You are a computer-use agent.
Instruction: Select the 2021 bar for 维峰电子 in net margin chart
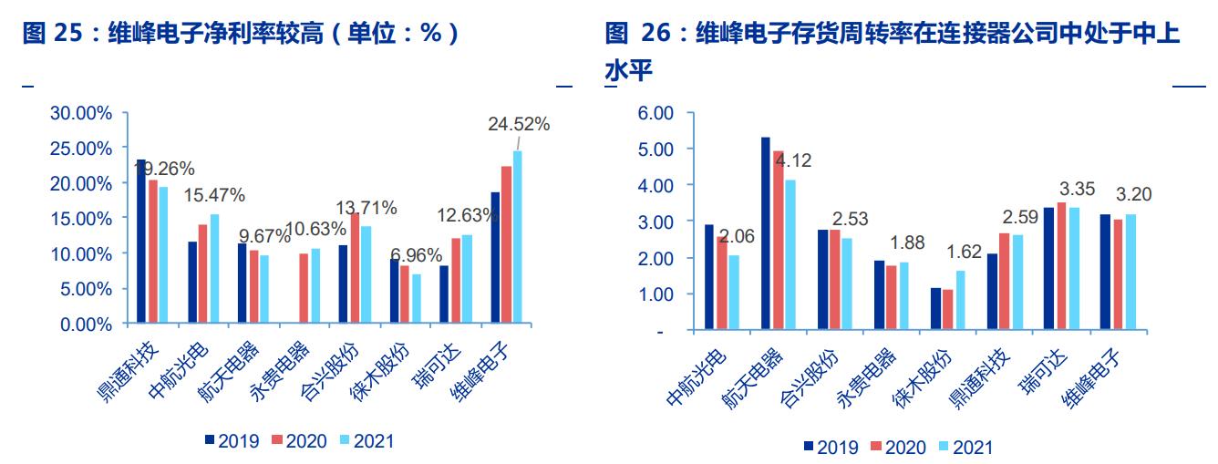(x=518, y=237)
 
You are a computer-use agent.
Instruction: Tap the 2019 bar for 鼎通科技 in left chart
(x=141, y=242)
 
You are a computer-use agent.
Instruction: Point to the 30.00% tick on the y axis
(x=81, y=113)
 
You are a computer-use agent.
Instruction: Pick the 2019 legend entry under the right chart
(x=829, y=447)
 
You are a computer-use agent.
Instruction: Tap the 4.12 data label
(x=792, y=161)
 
